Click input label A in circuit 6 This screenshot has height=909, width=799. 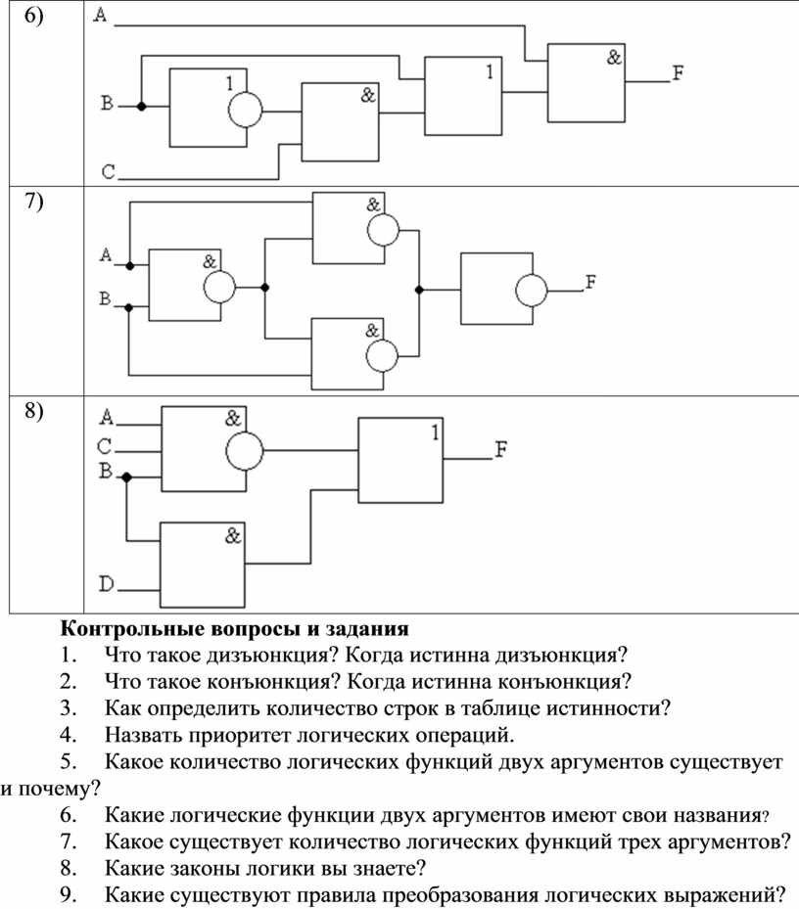click(x=101, y=15)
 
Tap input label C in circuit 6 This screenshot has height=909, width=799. click(x=109, y=172)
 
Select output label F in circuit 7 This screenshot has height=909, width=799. click(x=590, y=282)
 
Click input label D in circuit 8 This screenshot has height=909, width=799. click(x=107, y=583)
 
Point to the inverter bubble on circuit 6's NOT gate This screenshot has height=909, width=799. click(x=245, y=110)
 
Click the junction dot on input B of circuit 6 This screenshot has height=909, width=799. click(x=141, y=106)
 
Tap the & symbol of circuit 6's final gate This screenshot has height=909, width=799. click(x=614, y=57)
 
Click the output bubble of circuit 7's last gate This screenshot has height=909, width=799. click(x=531, y=290)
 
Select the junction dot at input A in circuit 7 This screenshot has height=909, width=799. click(x=130, y=266)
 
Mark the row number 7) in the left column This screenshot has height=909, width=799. click(x=33, y=202)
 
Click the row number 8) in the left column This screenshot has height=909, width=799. click(x=33, y=411)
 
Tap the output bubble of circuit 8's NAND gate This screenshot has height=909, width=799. click(x=244, y=450)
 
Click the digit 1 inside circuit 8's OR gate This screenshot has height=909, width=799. click(x=435, y=432)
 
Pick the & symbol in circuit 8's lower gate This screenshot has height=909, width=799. click(x=233, y=535)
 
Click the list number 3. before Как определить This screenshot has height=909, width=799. click(x=69, y=708)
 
